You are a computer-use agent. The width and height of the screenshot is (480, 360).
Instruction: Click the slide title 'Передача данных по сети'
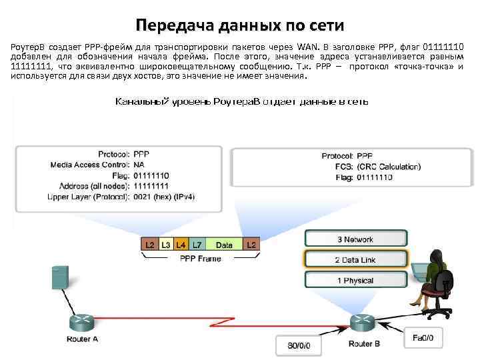240,25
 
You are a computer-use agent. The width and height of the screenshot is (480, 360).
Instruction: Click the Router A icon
83,323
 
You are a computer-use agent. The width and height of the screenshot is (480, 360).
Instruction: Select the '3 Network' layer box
354,239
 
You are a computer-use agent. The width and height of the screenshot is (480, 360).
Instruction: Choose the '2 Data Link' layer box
354,259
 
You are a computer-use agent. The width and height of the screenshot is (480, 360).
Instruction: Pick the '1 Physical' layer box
354,280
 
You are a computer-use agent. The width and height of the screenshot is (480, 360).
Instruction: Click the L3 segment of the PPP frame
166,245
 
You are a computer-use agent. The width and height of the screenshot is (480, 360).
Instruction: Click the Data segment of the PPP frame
224,245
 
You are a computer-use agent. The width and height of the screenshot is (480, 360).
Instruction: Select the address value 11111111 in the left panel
151,186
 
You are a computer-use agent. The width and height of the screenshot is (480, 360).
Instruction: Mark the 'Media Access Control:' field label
89,165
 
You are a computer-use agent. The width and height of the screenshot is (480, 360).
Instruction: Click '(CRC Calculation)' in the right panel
388,167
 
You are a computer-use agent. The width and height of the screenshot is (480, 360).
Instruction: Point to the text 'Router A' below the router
82,340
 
